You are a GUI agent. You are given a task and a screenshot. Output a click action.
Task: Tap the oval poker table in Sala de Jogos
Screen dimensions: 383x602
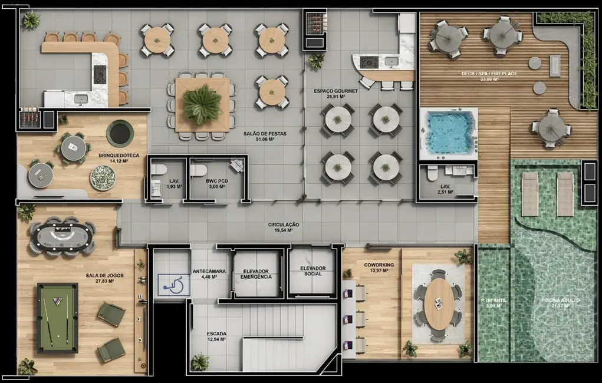pyautogui.click(x=61, y=236)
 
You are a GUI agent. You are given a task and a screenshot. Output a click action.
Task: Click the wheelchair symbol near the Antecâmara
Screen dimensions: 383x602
pyautogui.click(x=173, y=285)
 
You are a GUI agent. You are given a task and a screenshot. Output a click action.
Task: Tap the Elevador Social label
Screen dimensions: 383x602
pyautogui.click(x=312, y=271)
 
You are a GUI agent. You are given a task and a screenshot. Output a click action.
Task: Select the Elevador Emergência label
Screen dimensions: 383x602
pyautogui.click(x=256, y=274)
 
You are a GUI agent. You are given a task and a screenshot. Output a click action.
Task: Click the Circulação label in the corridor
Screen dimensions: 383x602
pyautogui.click(x=284, y=227)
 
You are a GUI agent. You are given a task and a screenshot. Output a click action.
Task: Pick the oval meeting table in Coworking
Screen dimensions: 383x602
pyautogui.click(x=438, y=304)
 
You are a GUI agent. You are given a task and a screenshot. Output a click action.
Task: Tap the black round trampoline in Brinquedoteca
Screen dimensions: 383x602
pyautogui.click(x=120, y=134)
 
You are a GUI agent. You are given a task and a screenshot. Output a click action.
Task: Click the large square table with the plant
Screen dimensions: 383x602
pyautogui.click(x=202, y=104)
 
